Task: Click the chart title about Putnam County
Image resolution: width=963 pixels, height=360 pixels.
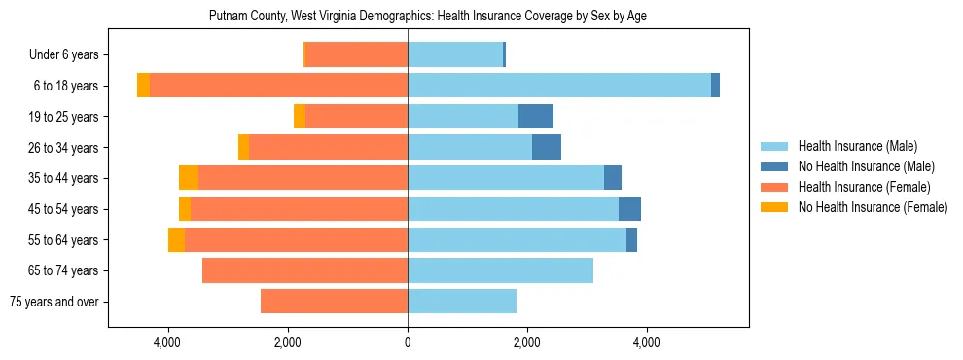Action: [x=428, y=17]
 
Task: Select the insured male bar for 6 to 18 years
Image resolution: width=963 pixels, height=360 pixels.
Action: [x=559, y=86]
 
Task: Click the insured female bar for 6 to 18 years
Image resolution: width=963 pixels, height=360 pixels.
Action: [x=278, y=86]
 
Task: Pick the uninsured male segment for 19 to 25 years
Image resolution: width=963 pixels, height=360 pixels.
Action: [x=536, y=117]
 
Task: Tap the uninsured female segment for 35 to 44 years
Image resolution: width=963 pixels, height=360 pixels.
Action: [x=189, y=178]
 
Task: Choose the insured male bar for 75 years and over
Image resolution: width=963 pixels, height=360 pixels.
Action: [x=462, y=302]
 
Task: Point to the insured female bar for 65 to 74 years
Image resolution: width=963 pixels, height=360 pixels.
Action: [x=304, y=270]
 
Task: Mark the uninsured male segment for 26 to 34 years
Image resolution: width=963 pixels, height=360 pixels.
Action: [x=547, y=147]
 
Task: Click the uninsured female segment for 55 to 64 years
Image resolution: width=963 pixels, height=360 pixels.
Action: [x=176, y=239]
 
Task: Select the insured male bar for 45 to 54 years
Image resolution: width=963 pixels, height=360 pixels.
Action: [x=513, y=209]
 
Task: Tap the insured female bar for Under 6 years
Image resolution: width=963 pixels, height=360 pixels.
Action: [x=356, y=55]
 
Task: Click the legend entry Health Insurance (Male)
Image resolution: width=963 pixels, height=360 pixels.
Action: [x=857, y=147]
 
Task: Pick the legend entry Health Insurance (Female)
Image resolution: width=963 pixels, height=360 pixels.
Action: [x=864, y=187]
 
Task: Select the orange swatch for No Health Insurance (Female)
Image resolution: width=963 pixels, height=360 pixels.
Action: [x=774, y=207]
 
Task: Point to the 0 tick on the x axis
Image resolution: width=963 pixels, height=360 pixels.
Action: [x=408, y=342]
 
